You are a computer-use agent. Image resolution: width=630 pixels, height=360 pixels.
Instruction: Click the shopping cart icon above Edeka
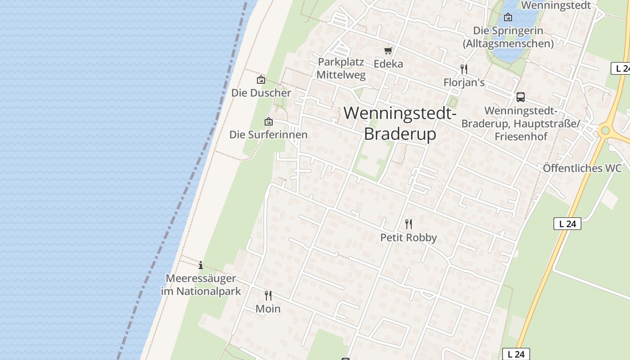(x=388, y=51)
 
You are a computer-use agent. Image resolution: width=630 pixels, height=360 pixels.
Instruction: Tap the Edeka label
(x=388, y=64)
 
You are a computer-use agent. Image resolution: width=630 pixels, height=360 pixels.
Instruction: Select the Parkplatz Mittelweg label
(x=341, y=68)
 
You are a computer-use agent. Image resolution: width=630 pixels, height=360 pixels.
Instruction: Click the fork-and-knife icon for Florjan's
(x=464, y=69)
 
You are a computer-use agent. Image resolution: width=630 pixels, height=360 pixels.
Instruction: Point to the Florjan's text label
(x=464, y=82)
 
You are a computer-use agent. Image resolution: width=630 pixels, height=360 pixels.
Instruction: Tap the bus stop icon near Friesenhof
(x=520, y=97)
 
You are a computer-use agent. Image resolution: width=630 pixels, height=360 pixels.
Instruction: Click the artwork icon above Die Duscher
(x=261, y=80)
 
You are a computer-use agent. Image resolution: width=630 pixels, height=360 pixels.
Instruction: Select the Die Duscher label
(x=261, y=93)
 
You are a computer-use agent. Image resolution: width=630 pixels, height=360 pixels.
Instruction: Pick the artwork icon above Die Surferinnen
(x=269, y=121)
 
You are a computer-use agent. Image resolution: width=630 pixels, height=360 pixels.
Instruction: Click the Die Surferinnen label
(x=268, y=135)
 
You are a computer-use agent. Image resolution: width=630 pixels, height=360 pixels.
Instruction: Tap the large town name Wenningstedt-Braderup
(x=400, y=123)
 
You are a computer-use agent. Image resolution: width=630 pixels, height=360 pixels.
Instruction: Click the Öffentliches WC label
(x=582, y=168)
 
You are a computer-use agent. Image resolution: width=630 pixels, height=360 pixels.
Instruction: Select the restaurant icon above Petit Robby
(x=409, y=224)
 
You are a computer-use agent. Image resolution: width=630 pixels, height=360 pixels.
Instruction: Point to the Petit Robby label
(x=409, y=238)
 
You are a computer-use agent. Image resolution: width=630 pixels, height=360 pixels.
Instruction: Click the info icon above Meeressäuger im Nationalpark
(x=201, y=265)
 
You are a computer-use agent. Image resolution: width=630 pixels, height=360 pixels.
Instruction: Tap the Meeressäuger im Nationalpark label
(x=201, y=285)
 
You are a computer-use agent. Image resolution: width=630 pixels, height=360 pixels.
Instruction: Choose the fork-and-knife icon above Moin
(x=268, y=296)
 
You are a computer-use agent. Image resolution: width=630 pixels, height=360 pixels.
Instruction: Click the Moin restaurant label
(x=268, y=309)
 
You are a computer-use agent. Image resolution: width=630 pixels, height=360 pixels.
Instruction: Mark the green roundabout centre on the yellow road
(x=605, y=130)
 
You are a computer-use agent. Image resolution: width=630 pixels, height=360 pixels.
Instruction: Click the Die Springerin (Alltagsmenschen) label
(x=508, y=37)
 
